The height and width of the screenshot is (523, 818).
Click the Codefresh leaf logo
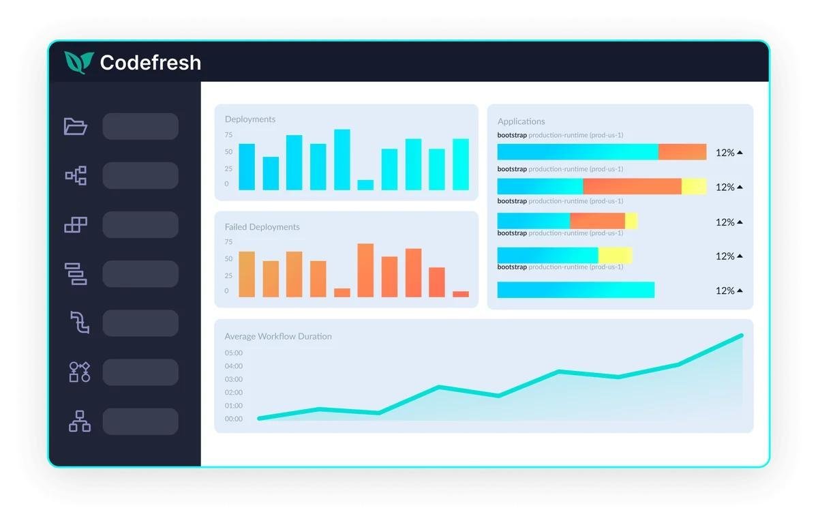[x=79, y=63]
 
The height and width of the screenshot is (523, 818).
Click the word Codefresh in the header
[x=151, y=63]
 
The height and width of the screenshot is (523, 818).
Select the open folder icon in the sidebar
[x=75, y=126]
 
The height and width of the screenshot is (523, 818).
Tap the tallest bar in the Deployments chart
[x=342, y=160]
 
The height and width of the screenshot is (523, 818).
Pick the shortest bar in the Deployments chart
[x=365, y=185]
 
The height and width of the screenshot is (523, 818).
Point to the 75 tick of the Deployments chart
[x=228, y=135]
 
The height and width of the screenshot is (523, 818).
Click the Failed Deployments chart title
[x=262, y=227]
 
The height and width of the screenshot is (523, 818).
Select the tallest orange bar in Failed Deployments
[x=365, y=270]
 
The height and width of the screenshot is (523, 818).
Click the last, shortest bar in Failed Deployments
[x=461, y=294]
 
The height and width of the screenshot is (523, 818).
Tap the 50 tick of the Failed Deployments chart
[x=228, y=258]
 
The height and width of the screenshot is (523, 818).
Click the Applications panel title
[x=521, y=121]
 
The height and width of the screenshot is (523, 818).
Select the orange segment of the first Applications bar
[x=682, y=151]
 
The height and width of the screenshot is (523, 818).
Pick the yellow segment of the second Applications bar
[x=694, y=186]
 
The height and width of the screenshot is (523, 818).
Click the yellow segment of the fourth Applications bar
[x=616, y=255]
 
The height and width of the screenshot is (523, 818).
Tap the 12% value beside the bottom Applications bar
[x=725, y=290]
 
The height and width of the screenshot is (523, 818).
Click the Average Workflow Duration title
[x=278, y=336]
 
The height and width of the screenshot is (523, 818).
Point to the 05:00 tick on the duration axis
[x=234, y=353]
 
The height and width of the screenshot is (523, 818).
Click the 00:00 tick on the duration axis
[x=234, y=419]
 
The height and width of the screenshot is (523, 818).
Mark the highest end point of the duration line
[x=742, y=335]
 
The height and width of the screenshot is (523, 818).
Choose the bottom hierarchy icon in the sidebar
[x=80, y=421]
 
